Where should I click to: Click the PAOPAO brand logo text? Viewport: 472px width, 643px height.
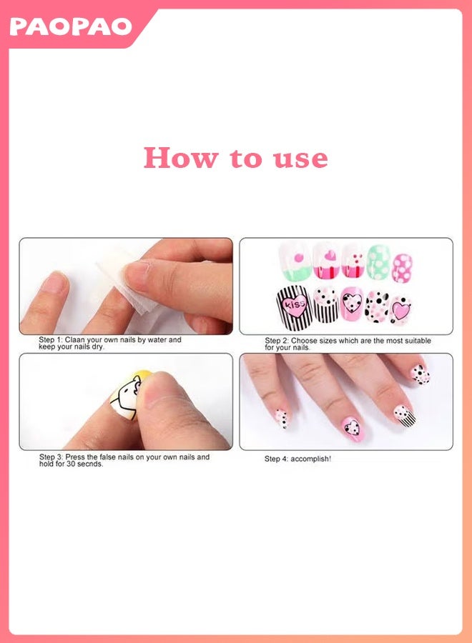(71, 26)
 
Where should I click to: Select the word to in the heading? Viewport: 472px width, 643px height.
(245, 159)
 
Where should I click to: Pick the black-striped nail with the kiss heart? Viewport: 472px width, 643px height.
(294, 308)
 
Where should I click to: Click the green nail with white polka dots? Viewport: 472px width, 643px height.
(378, 262)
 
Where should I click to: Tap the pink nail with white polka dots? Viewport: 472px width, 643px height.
(402, 269)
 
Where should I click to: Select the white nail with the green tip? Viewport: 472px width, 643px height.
(295, 262)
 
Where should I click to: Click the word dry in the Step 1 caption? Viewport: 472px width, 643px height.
(97, 347)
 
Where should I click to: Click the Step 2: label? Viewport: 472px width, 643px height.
(277, 341)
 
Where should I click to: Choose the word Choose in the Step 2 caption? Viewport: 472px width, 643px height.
(303, 341)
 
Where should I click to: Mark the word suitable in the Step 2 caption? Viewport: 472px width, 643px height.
(418, 341)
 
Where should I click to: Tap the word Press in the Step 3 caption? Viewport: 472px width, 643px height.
(75, 457)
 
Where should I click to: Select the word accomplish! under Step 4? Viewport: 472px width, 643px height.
(310, 459)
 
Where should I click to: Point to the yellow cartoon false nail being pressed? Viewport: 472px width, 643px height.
(127, 395)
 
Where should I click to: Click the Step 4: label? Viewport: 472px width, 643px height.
(277, 459)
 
